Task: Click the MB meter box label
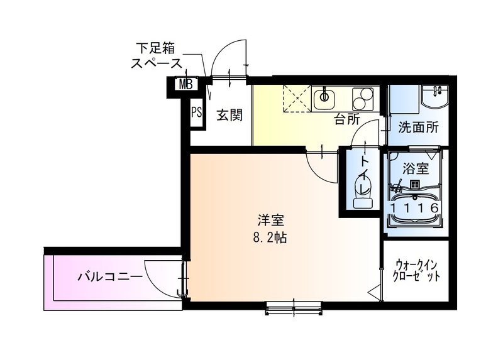click(185, 84)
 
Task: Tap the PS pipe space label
click(196, 113)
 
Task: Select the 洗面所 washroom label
click(418, 127)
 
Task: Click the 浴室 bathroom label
click(416, 168)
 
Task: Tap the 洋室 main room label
click(271, 221)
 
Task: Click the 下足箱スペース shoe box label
click(157, 55)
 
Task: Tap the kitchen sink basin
click(325, 97)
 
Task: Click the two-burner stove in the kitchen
click(363, 98)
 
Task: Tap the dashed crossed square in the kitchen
click(297, 97)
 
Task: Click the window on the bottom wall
click(294, 307)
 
